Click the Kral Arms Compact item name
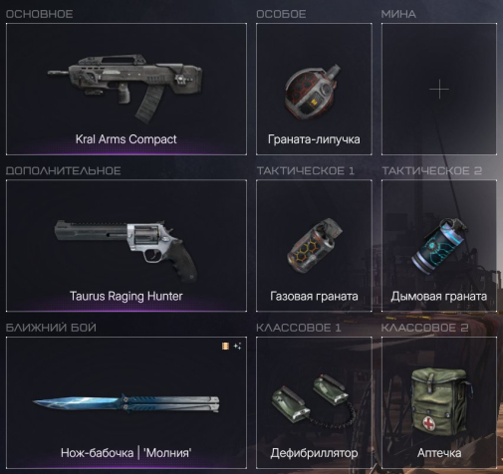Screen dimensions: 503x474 pos(126,139)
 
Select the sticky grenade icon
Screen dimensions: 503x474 pos(313,92)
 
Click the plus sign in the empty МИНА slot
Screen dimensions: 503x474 pos(439,89)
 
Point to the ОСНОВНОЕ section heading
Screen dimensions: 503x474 pos(39,14)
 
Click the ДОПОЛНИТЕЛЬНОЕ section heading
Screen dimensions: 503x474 pos(63,170)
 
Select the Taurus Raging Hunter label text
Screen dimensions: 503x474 pos(126,296)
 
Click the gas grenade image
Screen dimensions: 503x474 pos(314,245)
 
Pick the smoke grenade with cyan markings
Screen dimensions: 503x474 pos(439,245)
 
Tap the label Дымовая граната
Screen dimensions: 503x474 pos(439,296)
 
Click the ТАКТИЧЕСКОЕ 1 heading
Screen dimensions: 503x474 pos(306,170)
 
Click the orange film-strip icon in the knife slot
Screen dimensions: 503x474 pos(225,347)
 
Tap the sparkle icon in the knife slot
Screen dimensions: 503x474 pos(237,347)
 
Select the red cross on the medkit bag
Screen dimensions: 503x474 pos(429,424)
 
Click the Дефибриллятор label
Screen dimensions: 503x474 pos(314,453)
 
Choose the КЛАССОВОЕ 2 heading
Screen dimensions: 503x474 pos(424,328)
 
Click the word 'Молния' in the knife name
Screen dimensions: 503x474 pos(167,453)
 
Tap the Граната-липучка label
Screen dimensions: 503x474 pos(314,139)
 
